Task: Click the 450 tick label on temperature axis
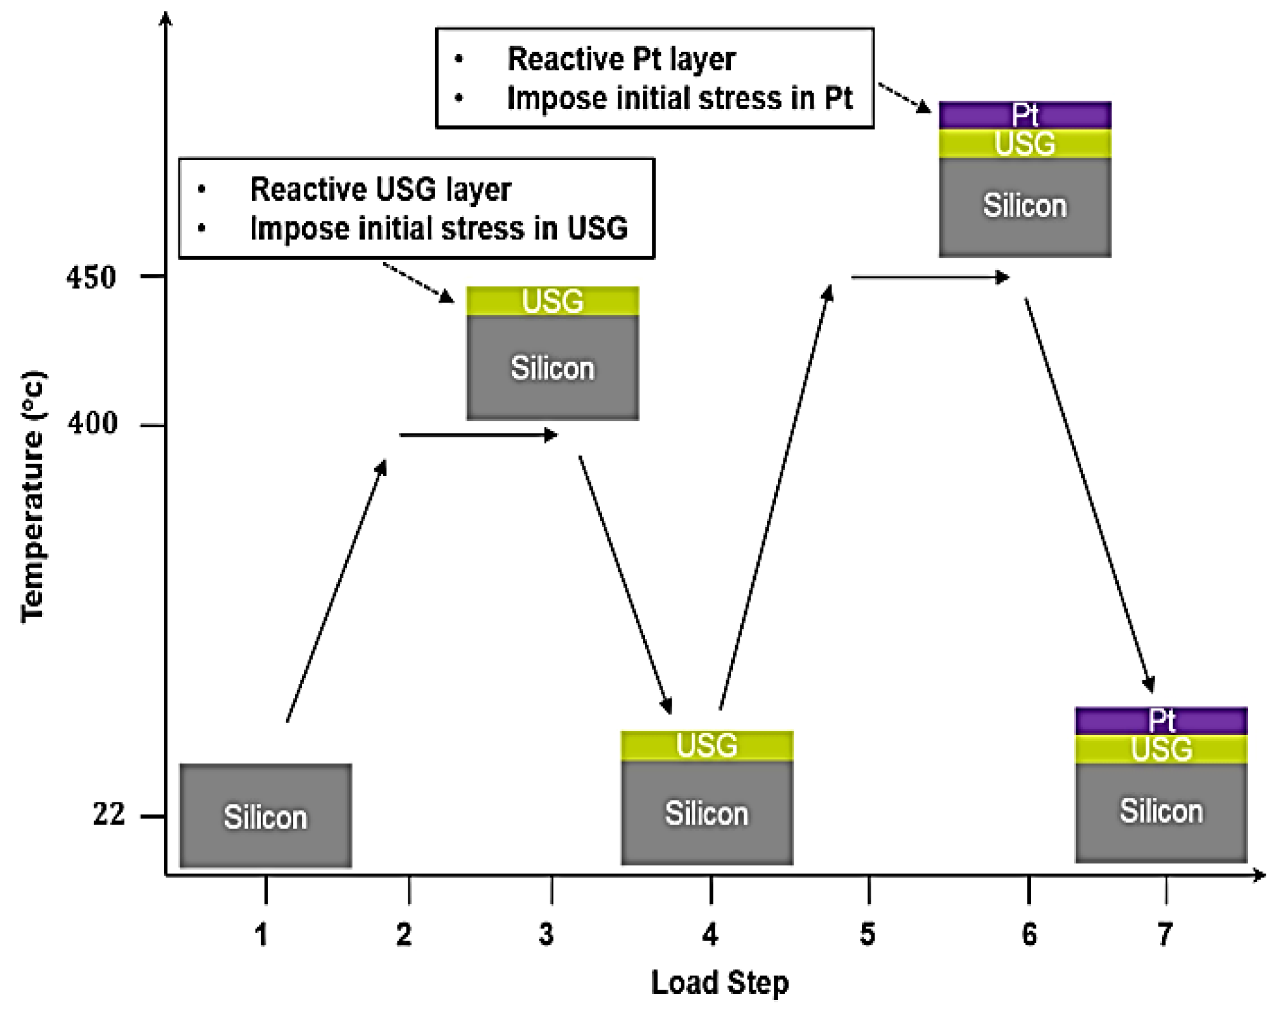[91, 278]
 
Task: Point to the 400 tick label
[92, 423]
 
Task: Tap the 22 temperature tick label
[109, 813]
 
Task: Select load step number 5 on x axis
[868, 935]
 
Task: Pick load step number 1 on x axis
[262, 935]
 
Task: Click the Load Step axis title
[720, 983]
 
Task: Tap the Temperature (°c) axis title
[33, 497]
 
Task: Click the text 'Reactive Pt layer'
[621, 59]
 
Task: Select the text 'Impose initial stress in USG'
[439, 229]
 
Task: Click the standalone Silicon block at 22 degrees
[265, 816]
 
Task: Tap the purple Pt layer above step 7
[1161, 721]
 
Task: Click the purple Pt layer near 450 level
[1025, 115]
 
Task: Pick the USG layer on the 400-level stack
[552, 301]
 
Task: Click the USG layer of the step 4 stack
[706, 746]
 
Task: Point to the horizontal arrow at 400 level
[478, 435]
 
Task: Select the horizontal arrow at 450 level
[930, 278]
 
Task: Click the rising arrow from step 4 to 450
[775, 497]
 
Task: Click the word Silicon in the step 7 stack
[1161, 811]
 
